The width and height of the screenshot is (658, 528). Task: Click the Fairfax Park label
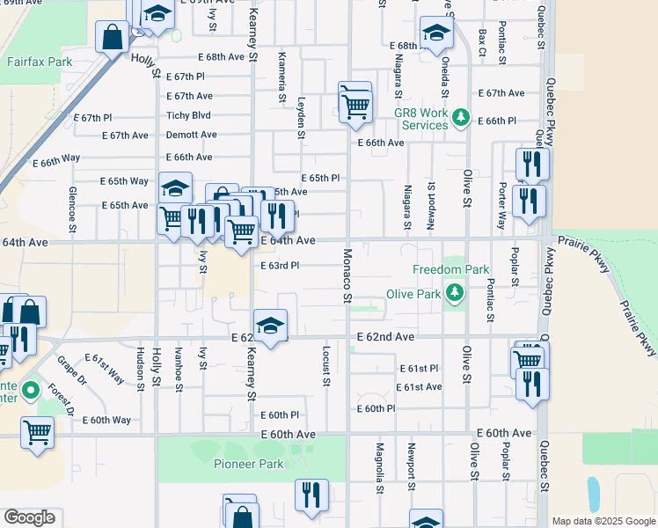coord(39,62)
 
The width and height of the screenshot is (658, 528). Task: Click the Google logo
coord(29,518)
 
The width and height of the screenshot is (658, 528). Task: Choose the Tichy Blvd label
coord(189,115)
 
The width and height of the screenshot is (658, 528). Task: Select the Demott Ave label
coord(191,135)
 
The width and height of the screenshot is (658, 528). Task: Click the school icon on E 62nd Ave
coord(271,325)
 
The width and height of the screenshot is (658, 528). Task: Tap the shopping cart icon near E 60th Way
coord(37,431)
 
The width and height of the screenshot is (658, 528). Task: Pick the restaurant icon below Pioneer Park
coord(311,495)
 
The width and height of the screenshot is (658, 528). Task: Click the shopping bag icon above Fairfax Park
coord(113,38)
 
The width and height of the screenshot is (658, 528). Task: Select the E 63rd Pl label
coord(280,265)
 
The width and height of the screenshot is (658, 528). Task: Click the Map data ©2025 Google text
coord(603,521)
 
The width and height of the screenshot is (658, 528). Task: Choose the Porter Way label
coord(501,206)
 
